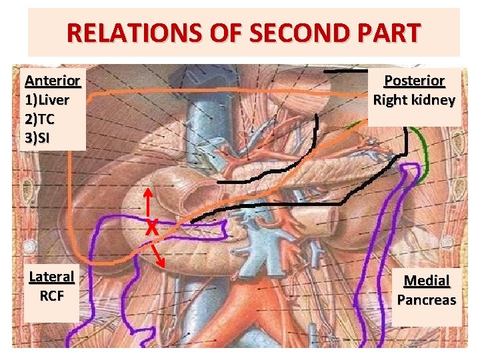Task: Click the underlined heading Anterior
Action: tap(52, 81)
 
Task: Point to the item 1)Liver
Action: tap(47, 101)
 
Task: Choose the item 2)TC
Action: tap(39, 120)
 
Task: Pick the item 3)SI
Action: tap(37, 139)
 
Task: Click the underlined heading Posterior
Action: tap(414, 81)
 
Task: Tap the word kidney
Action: tap(434, 101)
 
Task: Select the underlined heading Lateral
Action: tap(51, 276)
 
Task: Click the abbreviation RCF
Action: tap(51, 295)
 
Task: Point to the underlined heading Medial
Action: tap(427, 281)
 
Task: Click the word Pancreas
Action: tap(427, 300)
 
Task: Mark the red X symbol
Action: tap(153, 228)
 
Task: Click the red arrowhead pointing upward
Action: tap(147, 193)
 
